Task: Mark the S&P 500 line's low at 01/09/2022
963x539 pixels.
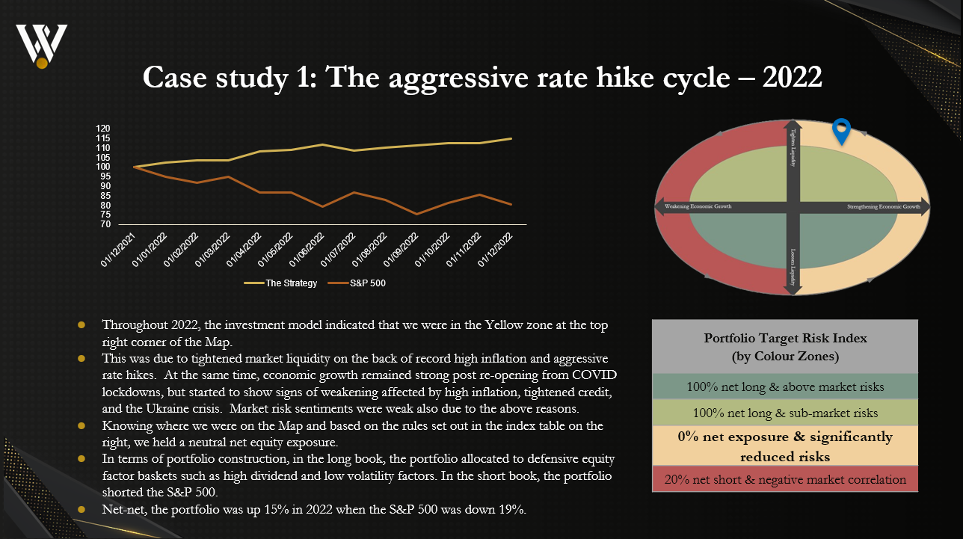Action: (x=417, y=214)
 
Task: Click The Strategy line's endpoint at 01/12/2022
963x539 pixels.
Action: (x=511, y=138)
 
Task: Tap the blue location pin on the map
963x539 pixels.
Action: (x=842, y=131)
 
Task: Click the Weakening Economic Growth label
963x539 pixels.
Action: (x=694, y=206)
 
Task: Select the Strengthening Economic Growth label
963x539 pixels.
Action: (x=882, y=206)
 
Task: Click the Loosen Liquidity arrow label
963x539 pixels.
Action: (x=793, y=265)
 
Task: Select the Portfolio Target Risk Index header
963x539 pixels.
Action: (x=785, y=347)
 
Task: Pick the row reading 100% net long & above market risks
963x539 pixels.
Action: (x=785, y=387)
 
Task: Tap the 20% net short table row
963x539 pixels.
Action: (x=785, y=480)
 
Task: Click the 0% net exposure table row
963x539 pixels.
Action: (x=785, y=446)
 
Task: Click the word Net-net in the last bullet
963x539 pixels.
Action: (x=122, y=510)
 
